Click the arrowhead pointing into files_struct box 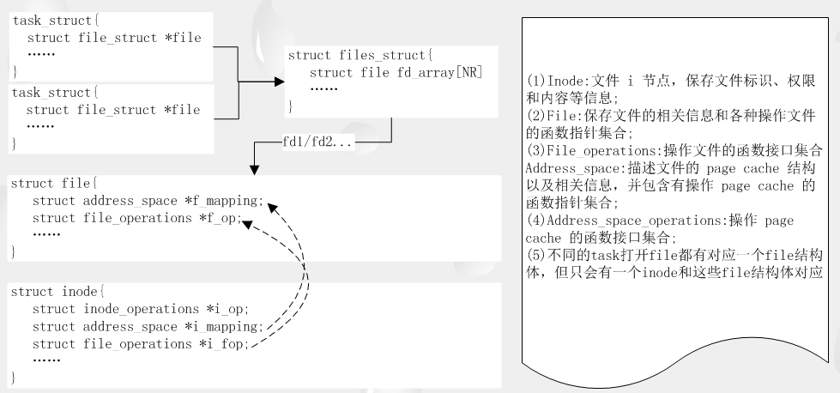click(x=278, y=82)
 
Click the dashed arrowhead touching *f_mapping click(x=271, y=205)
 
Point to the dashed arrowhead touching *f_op click(x=247, y=223)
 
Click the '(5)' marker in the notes click(x=535, y=257)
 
